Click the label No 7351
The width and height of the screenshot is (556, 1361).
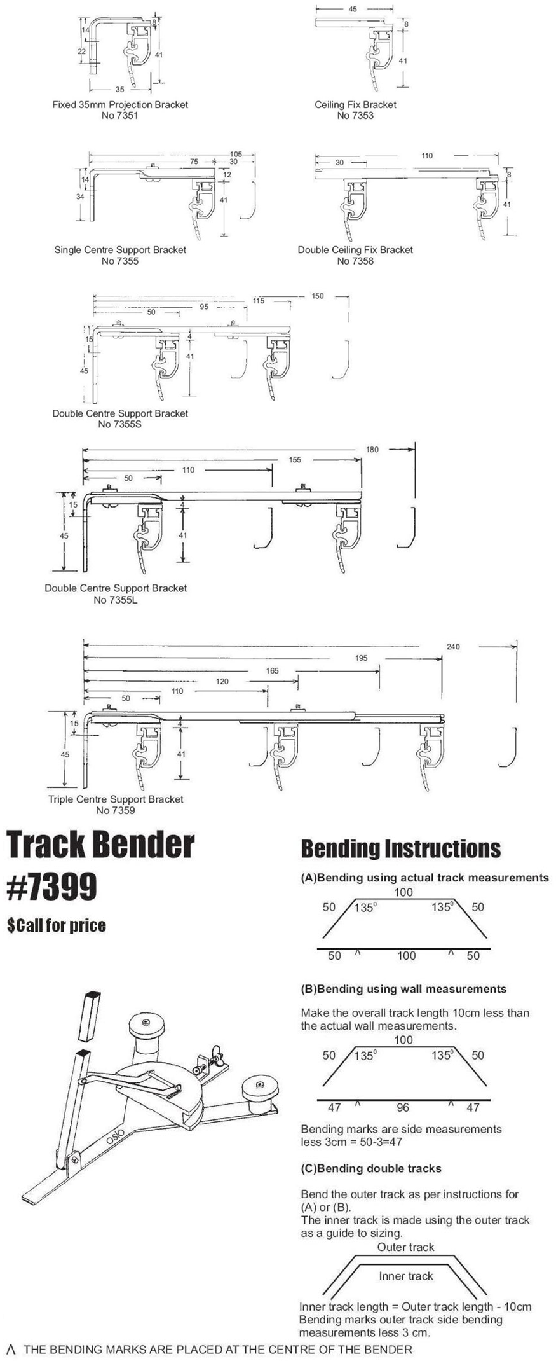pos(119,116)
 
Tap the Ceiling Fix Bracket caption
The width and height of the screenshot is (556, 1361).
pos(355,105)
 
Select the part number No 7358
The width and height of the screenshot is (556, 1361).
pos(355,261)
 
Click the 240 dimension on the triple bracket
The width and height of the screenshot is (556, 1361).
pos(452,647)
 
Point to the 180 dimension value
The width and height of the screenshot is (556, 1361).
pos(372,450)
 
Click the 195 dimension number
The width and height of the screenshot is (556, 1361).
pos(361,658)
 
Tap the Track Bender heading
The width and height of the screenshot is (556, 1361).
pos(100,845)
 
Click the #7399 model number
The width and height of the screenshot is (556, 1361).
pos(52,886)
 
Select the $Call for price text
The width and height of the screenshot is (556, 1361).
pos(57,925)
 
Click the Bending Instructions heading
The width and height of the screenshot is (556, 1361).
pos(400,849)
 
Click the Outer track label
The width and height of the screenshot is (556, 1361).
pos(405,1247)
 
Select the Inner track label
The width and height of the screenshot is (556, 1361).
pos(405,1276)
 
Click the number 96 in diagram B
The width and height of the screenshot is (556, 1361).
pos(403,1108)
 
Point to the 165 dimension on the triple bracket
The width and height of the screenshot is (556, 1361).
pos(272,670)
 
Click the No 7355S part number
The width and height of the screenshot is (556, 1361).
pos(119,425)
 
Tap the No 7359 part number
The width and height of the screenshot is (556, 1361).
pos(116,810)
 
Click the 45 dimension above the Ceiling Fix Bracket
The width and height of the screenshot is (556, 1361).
pos(353,10)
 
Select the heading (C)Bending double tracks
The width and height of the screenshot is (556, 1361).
pos(371,1168)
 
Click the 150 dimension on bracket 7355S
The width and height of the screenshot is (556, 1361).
pos(317,296)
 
